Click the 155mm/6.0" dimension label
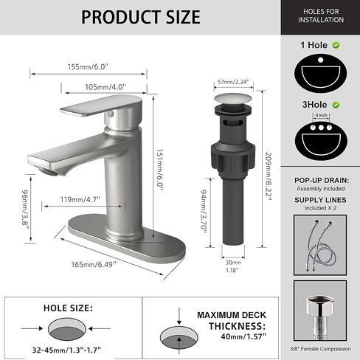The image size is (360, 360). pos(88,67)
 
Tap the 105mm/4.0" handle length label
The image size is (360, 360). pos(105,87)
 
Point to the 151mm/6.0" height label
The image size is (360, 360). pos(160,170)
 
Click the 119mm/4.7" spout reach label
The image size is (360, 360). pos(80,199)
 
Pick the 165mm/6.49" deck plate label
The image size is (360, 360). pos(94,265)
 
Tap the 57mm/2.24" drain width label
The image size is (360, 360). pos(233,82)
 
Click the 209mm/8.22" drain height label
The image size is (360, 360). pos(269,176)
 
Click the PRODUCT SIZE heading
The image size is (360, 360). pos(141,17)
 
